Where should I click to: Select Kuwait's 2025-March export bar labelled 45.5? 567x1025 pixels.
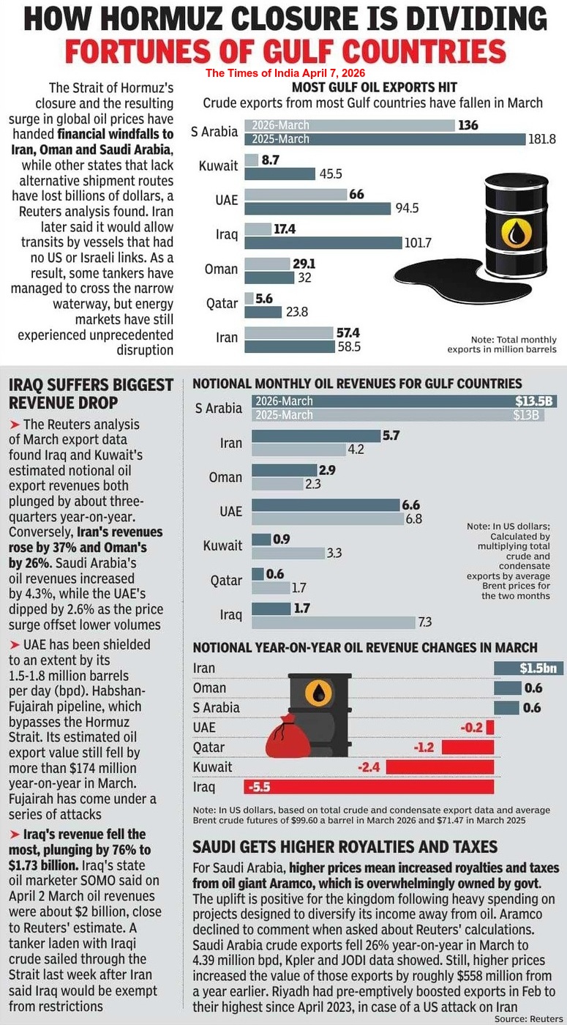279,174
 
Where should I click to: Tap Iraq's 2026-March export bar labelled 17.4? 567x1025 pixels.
258,229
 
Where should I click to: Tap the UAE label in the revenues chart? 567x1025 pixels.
231,512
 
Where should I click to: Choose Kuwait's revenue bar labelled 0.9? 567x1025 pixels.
260,539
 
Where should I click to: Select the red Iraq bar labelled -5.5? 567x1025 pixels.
369,787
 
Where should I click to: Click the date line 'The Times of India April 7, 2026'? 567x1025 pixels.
285,73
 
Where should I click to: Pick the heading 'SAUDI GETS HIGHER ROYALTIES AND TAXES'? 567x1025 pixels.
345,847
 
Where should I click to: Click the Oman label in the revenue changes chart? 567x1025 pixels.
209,687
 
